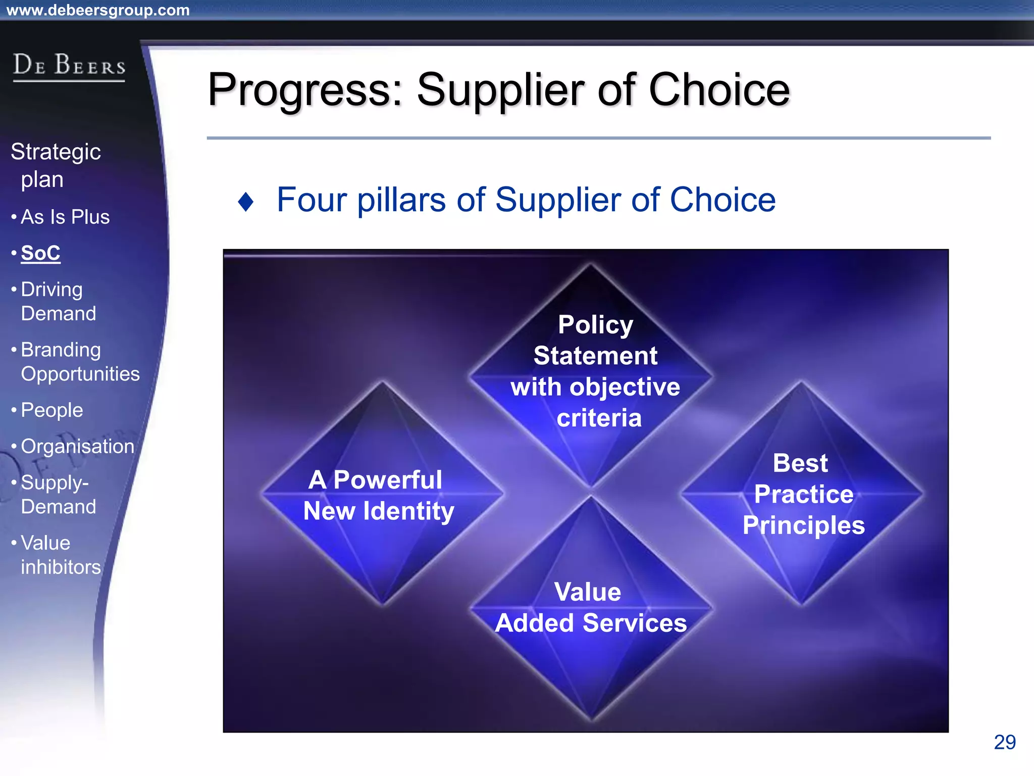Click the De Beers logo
coord(69,66)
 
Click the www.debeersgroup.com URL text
coord(98,10)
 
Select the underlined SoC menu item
coord(40,253)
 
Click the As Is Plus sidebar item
coord(65,217)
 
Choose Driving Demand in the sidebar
coord(58,301)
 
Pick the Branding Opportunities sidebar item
coord(80,362)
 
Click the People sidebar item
coord(51,410)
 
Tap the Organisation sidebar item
coord(77,446)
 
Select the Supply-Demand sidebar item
coord(58,494)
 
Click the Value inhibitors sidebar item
coord(60,555)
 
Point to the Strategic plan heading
coord(56,165)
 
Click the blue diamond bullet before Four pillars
coord(245,202)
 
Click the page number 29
coord(1004,742)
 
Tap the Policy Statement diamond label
coord(595,371)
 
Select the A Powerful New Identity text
coord(378,495)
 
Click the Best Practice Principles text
coord(803,494)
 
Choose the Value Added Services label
coord(590,607)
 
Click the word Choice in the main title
coord(719,90)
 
